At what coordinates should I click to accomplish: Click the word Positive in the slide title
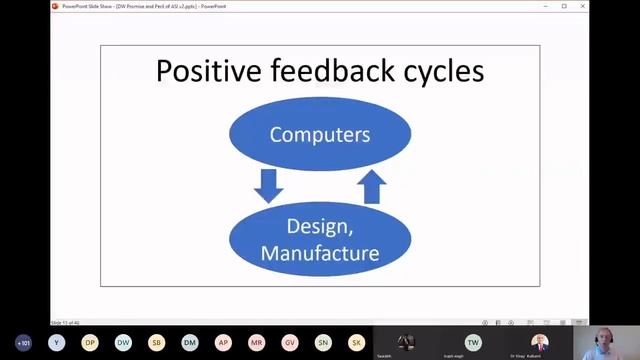(x=203, y=71)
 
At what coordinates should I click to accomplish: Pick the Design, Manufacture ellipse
(x=320, y=240)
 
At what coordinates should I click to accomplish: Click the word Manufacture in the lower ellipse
(x=320, y=253)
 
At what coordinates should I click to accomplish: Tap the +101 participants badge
(x=23, y=342)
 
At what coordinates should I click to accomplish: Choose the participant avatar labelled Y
(x=57, y=342)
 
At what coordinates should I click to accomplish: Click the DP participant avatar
(x=90, y=342)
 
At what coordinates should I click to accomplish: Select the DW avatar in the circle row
(x=123, y=342)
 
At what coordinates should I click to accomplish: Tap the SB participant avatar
(x=157, y=342)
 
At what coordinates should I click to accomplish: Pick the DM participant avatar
(x=190, y=342)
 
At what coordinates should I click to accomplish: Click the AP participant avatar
(x=223, y=342)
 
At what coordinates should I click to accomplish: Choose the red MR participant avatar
(x=257, y=342)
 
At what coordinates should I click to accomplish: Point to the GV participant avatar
(x=290, y=342)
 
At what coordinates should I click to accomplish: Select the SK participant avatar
(x=356, y=342)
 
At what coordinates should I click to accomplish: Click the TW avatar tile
(x=473, y=342)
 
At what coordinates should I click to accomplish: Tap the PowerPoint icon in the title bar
(x=56, y=5)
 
